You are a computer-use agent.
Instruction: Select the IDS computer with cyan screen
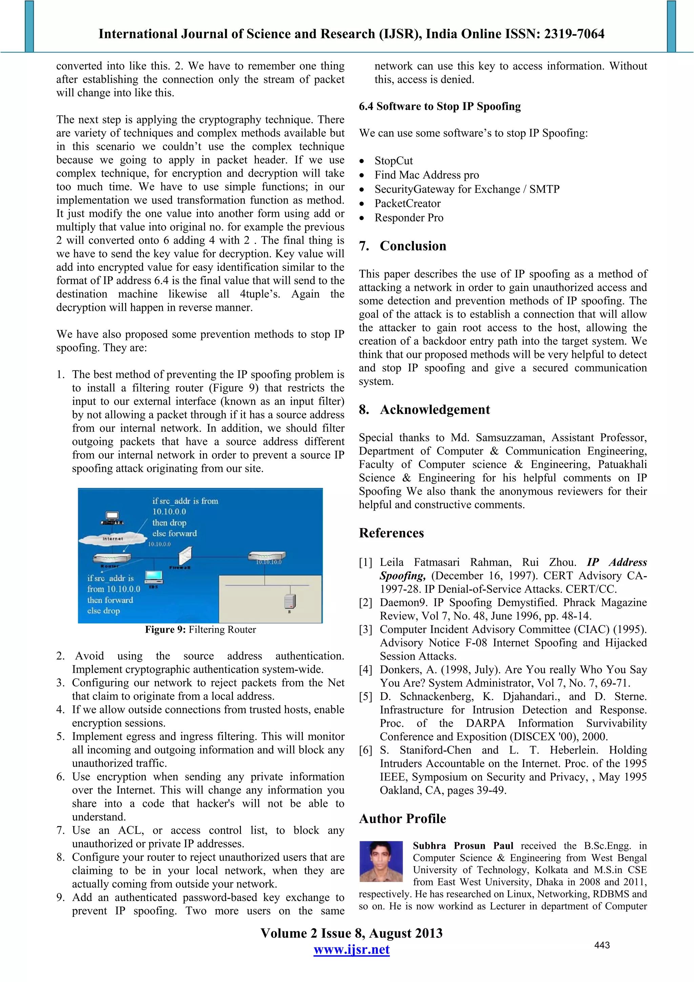(x=154, y=577)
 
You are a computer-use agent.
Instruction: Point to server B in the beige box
(x=289, y=601)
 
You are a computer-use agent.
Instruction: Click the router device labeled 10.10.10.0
(x=267, y=557)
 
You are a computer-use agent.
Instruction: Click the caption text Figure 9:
(x=165, y=629)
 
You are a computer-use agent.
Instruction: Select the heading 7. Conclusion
(x=403, y=246)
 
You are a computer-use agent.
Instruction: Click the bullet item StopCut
(x=393, y=161)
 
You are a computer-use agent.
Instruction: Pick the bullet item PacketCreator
(x=407, y=204)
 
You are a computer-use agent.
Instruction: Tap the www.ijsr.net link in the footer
(x=351, y=949)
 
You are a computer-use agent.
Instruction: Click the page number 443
(x=601, y=945)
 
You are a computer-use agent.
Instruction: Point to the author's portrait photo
(x=381, y=861)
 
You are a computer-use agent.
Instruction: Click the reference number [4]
(x=366, y=670)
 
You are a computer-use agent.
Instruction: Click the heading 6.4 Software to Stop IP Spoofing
(x=440, y=106)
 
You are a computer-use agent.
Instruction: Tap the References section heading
(x=391, y=533)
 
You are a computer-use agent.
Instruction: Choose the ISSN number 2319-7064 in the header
(x=574, y=34)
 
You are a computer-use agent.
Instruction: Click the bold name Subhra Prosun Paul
(x=463, y=846)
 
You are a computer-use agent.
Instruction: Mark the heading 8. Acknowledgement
(x=424, y=410)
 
